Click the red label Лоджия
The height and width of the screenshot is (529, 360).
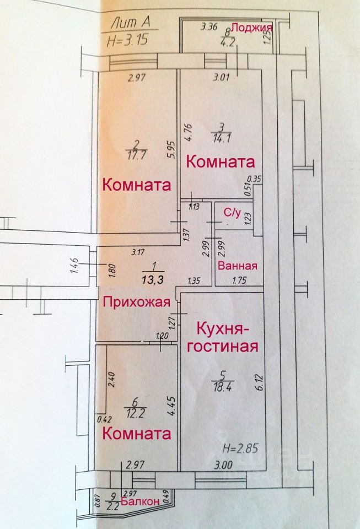click(251, 28)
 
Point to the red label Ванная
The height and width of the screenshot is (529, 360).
click(238, 266)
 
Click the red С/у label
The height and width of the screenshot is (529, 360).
click(230, 212)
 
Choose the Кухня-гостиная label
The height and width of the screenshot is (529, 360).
click(227, 338)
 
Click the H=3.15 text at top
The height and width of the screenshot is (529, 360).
click(127, 40)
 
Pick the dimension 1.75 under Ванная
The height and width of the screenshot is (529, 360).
click(238, 280)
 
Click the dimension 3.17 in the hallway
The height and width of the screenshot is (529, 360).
click(139, 253)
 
